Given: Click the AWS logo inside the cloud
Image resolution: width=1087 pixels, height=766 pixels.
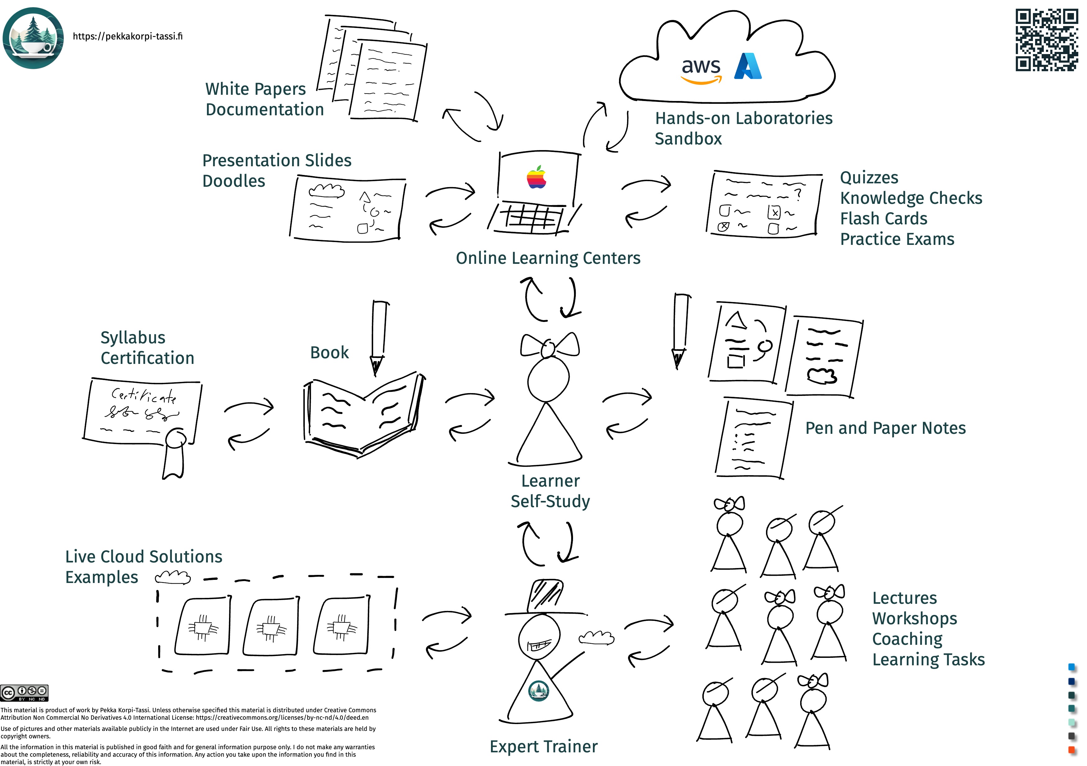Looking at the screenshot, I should pos(701,70).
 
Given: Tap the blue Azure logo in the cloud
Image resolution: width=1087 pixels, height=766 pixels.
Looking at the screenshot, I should pos(748,66).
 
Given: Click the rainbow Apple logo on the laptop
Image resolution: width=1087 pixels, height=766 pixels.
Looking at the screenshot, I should pos(536,177).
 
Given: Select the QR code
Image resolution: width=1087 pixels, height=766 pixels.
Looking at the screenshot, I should pos(1046,40).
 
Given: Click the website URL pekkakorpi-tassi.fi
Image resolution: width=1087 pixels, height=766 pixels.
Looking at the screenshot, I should pos(127,36).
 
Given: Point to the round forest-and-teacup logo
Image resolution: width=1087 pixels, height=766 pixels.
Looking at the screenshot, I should pos(33,38).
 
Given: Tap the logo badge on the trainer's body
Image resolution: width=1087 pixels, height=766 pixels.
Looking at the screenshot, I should pos(538,691).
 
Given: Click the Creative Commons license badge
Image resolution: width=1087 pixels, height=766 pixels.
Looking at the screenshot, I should pos(24,693).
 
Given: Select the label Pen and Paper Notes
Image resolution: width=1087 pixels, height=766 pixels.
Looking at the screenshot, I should pos(885,428).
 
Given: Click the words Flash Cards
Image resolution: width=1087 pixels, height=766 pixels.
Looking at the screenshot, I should pos(883,219).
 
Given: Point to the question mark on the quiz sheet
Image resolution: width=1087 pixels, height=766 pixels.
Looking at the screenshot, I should pos(798,194).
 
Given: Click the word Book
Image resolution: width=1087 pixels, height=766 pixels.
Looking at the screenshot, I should pos(329,353).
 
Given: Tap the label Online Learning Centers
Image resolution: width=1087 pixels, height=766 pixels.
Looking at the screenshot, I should pos(548,258).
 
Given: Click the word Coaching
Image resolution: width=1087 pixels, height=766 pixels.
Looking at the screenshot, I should pos(907,639).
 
